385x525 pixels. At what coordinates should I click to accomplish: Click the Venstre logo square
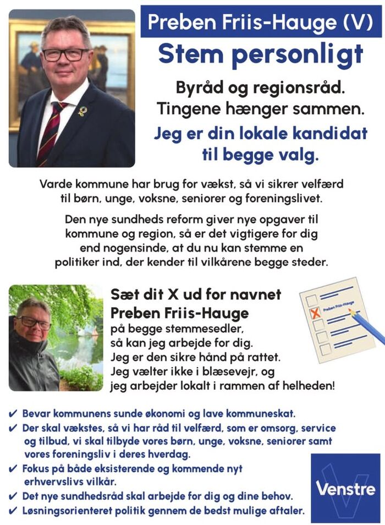point(345,488)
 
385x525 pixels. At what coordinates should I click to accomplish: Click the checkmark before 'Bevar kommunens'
point(13,413)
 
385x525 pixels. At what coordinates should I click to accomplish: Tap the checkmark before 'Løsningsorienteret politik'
point(13,511)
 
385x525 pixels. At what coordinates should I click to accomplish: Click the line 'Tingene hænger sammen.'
point(261,108)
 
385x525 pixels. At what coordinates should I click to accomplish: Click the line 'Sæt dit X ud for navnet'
point(196,294)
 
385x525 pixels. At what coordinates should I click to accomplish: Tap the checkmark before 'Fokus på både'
point(13,469)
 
